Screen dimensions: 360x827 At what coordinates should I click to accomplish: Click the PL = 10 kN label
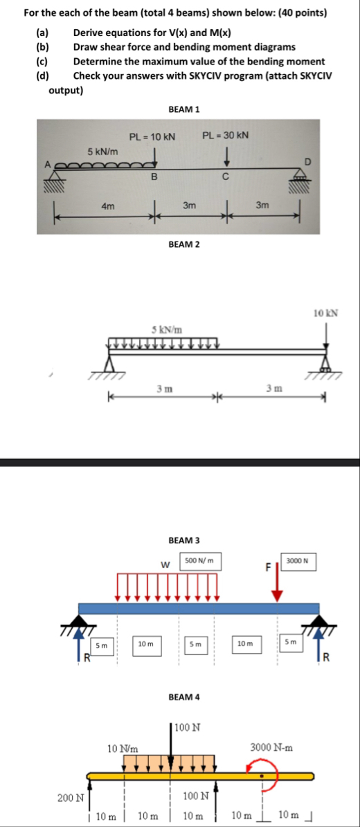click(x=152, y=137)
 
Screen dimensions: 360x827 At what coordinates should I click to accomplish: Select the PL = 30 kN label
click(x=226, y=135)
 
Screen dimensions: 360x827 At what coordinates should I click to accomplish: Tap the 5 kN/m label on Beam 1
click(x=103, y=152)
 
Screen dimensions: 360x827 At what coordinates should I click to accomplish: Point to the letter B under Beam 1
click(x=154, y=176)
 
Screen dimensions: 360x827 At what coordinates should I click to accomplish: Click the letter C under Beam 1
click(x=225, y=177)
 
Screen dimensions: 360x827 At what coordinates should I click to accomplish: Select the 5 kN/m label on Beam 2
click(x=167, y=331)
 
